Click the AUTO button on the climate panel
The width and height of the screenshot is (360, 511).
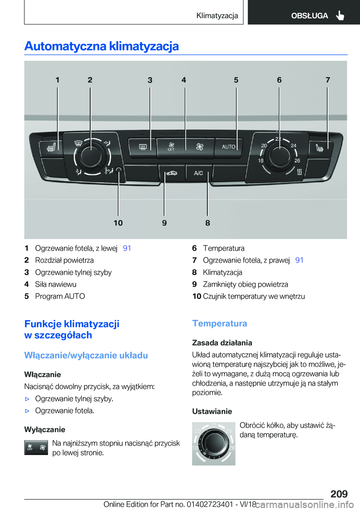[x=228, y=147]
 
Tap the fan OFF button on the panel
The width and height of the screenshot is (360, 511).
[x=171, y=147]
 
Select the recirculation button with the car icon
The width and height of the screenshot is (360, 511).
[x=171, y=173]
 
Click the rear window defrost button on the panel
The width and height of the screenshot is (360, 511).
[x=143, y=147]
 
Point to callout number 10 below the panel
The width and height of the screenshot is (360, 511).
[x=118, y=223]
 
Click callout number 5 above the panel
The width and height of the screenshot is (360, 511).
[x=236, y=80]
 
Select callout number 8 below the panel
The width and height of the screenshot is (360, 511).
[x=207, y=223]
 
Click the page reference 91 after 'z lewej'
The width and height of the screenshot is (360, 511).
[x=127, y=248]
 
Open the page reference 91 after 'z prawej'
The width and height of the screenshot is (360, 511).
[x=299, y=260]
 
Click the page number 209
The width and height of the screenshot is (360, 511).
[x=339, y=494]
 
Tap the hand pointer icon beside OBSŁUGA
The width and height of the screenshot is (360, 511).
[x=340, y=15]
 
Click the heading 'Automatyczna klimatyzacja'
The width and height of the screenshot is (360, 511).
[x=102, y=46]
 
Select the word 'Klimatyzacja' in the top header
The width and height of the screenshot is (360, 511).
[x=217, y=15]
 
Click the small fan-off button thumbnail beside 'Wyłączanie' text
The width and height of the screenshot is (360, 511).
[x=36, y=448]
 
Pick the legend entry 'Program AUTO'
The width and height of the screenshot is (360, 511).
[x=60, y=296]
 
